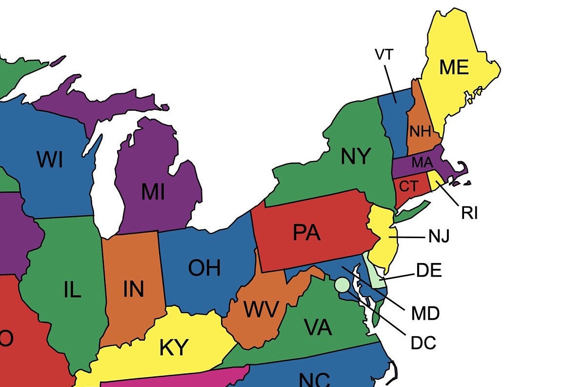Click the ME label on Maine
(454, 67)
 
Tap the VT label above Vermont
(384, 55)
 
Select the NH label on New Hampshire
(420, 131)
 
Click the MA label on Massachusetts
(422, 162)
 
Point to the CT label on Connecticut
(408, 186)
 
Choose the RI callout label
(469, 213)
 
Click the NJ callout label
(439, 237)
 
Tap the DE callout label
(429, 270)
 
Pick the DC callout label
(423, 343)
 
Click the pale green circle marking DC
(343, 285)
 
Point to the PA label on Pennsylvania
(306, 233)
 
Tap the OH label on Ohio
(204, 268)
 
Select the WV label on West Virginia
(261, 310)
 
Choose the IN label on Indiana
(133, 289)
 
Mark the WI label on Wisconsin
(50, 160)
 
